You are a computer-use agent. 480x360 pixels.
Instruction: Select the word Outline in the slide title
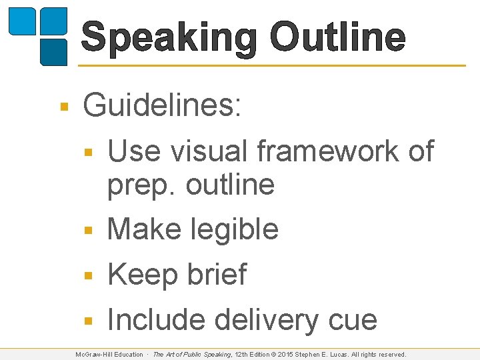tap(338, 37)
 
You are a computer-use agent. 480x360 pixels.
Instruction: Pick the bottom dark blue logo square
tap(53, 52)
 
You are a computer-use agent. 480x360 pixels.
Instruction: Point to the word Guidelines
tap(162, 106)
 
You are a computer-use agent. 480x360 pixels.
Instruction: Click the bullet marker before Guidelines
tap(64, 107)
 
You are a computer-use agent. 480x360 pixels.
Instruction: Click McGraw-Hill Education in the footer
tap(109, 355)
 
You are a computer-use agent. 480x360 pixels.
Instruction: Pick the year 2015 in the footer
tap(289, 355)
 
